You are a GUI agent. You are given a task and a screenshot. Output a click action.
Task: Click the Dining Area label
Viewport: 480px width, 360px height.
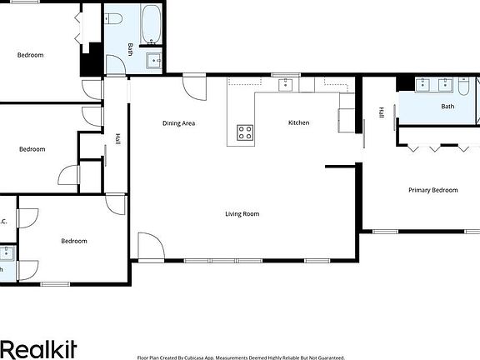178,123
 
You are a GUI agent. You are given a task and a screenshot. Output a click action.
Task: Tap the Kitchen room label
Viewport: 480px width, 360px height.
298,122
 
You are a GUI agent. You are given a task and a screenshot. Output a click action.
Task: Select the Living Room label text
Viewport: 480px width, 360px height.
242,214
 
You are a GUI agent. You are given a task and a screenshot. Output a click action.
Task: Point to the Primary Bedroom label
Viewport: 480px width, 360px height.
432,190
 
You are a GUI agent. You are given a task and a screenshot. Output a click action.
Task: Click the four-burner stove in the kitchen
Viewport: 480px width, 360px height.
245,132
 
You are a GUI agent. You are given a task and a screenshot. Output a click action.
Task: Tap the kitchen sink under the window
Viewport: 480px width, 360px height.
286,83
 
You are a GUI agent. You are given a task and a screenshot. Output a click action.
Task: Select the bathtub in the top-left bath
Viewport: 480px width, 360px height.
152,24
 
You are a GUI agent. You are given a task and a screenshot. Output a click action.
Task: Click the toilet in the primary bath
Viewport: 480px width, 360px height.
463,88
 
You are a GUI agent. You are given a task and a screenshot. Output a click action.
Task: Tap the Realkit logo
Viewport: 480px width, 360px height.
40,347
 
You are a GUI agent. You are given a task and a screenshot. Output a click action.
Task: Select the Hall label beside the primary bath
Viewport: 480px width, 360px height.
381,112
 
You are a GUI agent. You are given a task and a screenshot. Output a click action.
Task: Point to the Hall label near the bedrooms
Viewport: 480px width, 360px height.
117,142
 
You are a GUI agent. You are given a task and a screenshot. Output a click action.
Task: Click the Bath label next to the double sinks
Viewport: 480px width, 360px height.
447,106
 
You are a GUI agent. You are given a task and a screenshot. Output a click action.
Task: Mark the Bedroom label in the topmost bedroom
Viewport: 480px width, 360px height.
30,55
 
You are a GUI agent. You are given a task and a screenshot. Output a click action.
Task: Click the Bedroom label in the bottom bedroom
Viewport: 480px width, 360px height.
73,241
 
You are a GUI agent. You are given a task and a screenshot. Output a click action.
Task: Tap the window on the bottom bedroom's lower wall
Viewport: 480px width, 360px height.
55,284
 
